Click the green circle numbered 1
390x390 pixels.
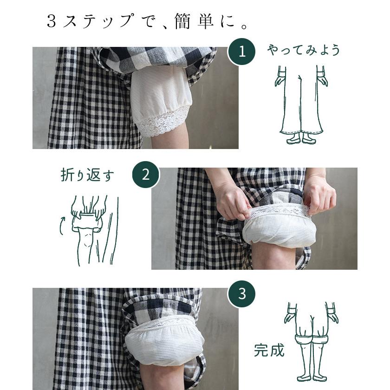241,52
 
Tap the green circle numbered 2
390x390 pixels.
146,175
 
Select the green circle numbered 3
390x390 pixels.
241,294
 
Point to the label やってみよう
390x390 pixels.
304,50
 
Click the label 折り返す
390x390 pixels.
87,175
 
